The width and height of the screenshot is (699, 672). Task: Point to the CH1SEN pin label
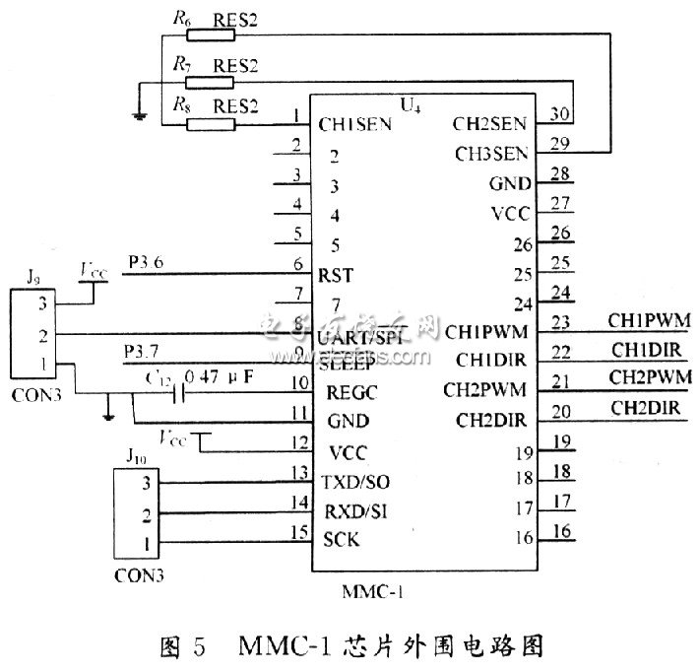(355, 124)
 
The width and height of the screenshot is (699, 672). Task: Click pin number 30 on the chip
(560, 114)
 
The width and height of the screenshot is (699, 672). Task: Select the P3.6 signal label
(147, 261)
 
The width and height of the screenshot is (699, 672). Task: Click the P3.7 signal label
(146, 352)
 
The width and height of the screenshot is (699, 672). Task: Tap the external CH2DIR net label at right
(644, 406)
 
